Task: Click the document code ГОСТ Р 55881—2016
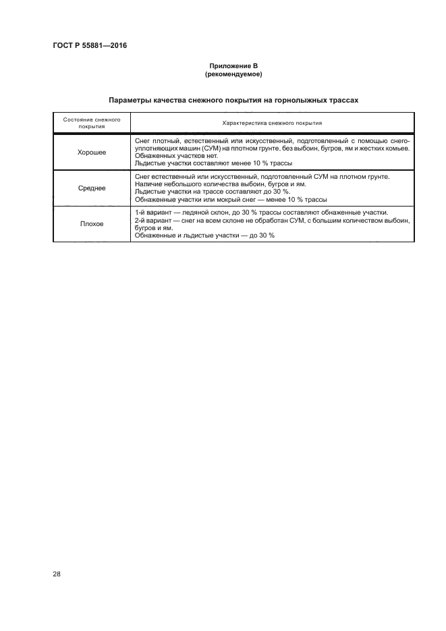[x=90, y=46]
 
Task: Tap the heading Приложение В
[x=233, y=66]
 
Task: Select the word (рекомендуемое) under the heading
[x=233, y=74]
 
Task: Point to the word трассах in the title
[x=341, y=99]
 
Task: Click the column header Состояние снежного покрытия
[x=92, y=122]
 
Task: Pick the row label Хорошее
[x=92, y=153]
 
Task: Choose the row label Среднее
[x=92, y=188]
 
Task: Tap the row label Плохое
[x=92, y=223]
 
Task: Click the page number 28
[x=57, y=574]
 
